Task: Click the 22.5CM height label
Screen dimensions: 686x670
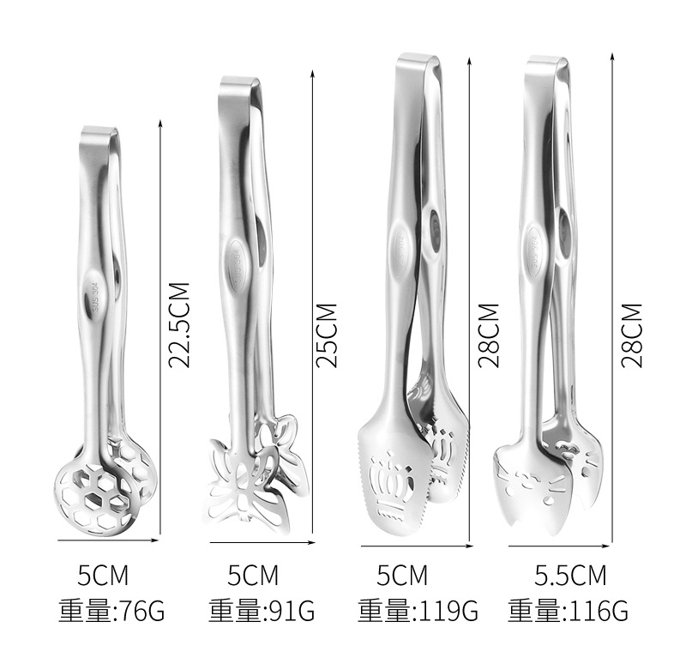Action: (x=179, y=325)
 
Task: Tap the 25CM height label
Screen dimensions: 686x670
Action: (x=327, y=335)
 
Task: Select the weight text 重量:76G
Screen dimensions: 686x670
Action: (x=111, y=612)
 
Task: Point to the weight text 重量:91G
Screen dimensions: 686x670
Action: (x=262, y=612)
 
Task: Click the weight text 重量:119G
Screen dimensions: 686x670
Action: (x=418, y=612)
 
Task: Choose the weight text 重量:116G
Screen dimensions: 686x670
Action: (x=568, y=612)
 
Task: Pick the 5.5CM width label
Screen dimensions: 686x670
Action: (x=570, y=576)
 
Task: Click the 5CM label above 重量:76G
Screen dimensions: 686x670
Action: (x=103, y=576)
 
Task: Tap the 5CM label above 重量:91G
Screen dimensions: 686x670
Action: (x=253, y=576)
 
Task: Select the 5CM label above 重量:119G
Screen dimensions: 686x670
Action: (x=402, y=576)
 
